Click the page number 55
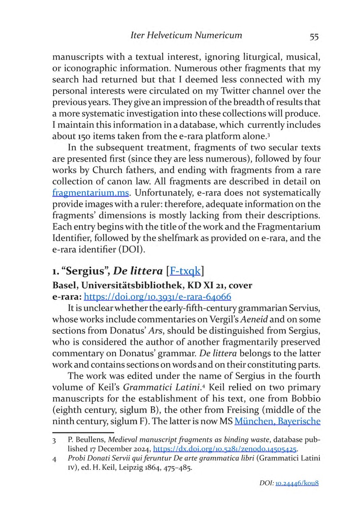coord(314,36)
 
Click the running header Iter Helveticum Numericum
coord(186,35)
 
